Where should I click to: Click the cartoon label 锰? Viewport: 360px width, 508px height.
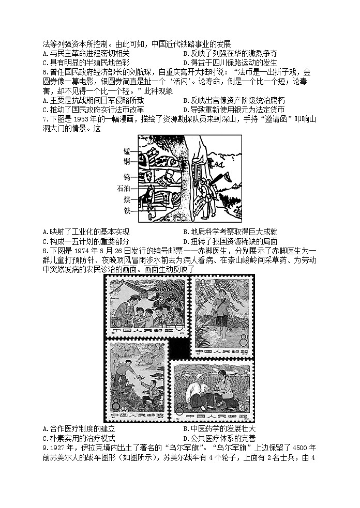(127, 150)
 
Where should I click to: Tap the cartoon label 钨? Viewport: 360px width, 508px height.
(127, 176)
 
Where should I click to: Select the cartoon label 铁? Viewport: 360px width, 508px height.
(127, 211)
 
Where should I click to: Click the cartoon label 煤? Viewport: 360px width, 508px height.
(127, 200)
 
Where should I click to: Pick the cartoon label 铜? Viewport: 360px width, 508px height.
(127, 162)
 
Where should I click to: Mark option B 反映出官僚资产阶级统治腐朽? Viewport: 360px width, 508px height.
(234, 101)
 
